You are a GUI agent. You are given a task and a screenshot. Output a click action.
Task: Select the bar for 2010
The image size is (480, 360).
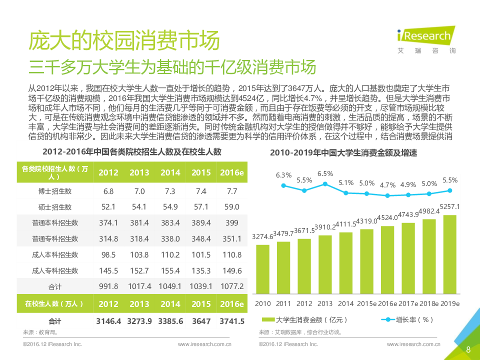[x=262, y=269]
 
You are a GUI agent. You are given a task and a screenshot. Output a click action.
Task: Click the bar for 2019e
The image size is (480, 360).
[x=449, y=255]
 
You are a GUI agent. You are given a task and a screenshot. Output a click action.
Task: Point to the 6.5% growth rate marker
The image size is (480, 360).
[x=325, y=184]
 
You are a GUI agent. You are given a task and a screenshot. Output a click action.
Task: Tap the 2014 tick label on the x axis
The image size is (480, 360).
[x=345, y=303]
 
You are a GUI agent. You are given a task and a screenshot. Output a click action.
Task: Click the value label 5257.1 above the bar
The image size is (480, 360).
[x=449, y=206]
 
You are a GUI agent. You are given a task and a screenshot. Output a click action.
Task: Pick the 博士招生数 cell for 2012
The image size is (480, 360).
[x=108, y=191]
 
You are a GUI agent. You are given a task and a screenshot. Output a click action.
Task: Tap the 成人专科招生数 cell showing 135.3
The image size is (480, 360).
[x=201, y=270]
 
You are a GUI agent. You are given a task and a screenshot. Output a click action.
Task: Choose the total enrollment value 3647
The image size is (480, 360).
[x=201, y=321]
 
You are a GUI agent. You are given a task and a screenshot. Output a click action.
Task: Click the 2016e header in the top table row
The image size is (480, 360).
[x=232, y=172]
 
